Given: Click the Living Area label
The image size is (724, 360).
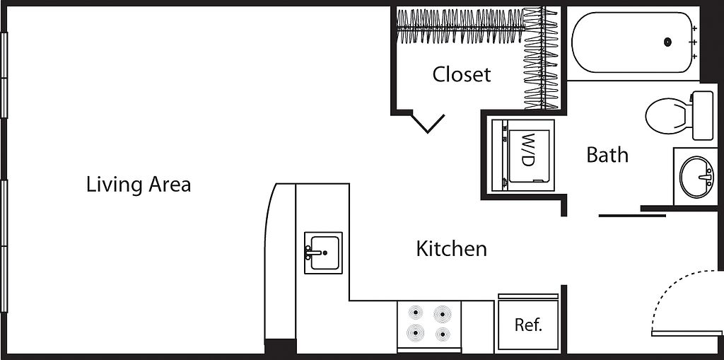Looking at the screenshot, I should [x=139, y=185].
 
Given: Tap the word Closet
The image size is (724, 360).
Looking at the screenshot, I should [x=462, y=74].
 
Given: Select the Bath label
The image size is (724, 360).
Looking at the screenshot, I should [x=607, y=155].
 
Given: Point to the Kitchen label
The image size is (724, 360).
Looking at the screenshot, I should [x=451, y=249].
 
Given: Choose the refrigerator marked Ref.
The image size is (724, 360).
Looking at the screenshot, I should [x=528, y=325].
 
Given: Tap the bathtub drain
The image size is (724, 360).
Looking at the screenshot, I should [x=667, y=42].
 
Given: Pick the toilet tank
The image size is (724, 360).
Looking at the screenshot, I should [x=702, y=115].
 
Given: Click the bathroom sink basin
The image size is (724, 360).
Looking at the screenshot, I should [x=696, y=177].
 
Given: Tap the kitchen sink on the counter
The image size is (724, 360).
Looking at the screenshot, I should [x=324, y=252].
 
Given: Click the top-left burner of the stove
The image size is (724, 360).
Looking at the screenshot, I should [x=416, y=312].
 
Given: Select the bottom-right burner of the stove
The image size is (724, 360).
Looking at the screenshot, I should [x=443, y=334].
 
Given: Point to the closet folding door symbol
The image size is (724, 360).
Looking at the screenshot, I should [x=428, y=123].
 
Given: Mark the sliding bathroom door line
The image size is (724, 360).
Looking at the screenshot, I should [x=632, y=215].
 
